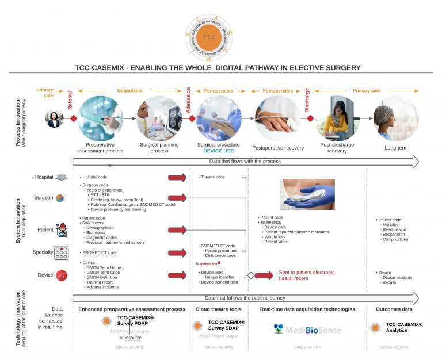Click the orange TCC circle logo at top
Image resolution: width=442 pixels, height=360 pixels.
pyautogui.click(x=210, y=36)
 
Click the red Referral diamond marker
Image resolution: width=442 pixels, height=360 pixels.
pyautogui.click(x=74, y=118)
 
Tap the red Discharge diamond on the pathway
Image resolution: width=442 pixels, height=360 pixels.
pyautogui.click(x=310, y=118)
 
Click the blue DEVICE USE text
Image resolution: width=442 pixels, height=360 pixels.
pyautogui.click(x=218, y=151)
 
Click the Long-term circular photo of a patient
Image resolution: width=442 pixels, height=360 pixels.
pyautogui.click(x=396, y=118)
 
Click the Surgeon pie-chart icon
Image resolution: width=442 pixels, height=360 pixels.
pyautogui.click(x=60, y=198)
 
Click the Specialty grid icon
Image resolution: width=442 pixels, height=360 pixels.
pyautogui.click(x=61, y=252)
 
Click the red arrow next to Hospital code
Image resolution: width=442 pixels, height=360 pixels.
pyautogui.click(x=177, y=177)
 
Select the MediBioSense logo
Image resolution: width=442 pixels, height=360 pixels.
pyautogui.click(x=307, y=329)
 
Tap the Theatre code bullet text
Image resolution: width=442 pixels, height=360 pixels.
pyautogui.click(x=212, y=177)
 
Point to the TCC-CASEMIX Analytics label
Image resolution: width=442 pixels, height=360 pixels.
pyautogui.click(x=403, y=327)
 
